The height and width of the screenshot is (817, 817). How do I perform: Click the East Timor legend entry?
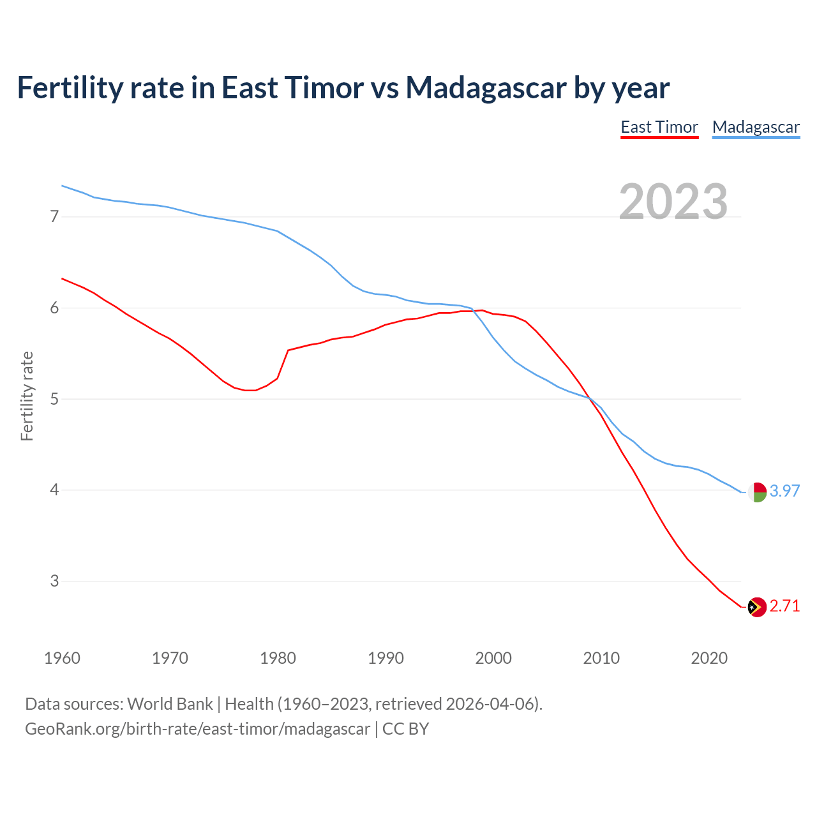659,127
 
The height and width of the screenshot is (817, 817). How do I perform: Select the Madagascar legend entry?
756,127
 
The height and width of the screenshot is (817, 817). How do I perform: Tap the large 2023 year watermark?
673,202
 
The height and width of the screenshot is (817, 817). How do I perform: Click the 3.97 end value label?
784,491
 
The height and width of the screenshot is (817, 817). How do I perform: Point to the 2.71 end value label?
784,606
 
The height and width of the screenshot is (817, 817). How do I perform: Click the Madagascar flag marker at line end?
757,492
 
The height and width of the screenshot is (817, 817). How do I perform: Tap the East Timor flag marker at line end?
757,607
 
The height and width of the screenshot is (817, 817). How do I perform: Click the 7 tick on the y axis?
54,217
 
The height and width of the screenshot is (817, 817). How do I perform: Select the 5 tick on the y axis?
54,400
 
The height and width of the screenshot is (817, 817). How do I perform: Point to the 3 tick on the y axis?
54,581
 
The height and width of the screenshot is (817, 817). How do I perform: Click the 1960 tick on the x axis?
62,658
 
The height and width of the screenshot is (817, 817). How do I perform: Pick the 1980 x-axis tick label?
278,658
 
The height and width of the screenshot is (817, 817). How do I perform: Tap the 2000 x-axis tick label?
493,658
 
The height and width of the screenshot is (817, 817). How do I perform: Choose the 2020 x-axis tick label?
709,658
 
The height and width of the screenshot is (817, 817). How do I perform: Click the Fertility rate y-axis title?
27,396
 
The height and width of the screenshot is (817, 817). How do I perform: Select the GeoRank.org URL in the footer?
197,729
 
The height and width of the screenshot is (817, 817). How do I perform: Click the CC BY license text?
405,729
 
